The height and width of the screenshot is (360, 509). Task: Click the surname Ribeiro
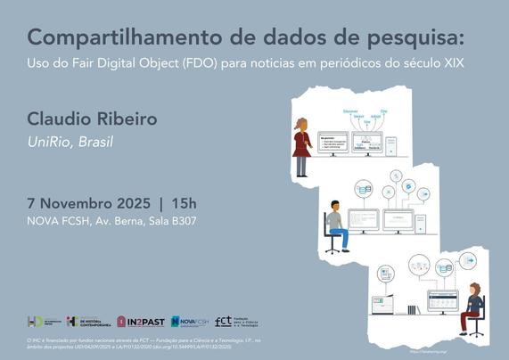[x=130, y=119]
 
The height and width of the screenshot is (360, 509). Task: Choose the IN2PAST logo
[x=141, y=322]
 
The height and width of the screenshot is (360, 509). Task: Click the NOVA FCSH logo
[x=188, y=322]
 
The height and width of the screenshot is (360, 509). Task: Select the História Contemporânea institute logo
[x=87, y=322]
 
